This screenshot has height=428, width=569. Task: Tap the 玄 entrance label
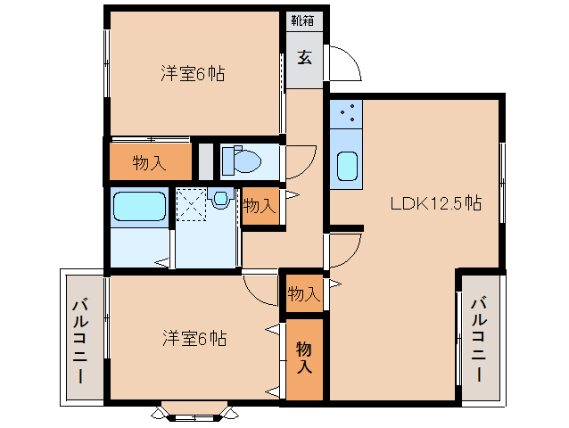(x=304, y=58)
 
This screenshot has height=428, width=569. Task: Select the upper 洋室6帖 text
(x=192, y=74)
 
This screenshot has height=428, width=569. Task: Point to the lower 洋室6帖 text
(x=194, y=339)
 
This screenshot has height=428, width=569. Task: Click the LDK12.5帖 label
(x=435, y=203)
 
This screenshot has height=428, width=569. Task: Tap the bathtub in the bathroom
(x=139, y=208)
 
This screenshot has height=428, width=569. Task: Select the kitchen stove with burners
(x=347, y=115)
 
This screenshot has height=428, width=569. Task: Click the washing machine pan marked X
(x=190, y=202)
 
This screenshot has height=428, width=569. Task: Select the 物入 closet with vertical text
(x=304, y=358)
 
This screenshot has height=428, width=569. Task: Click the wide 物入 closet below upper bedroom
(x=150, y=162)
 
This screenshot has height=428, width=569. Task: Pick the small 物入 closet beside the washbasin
(x=259, y=206)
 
